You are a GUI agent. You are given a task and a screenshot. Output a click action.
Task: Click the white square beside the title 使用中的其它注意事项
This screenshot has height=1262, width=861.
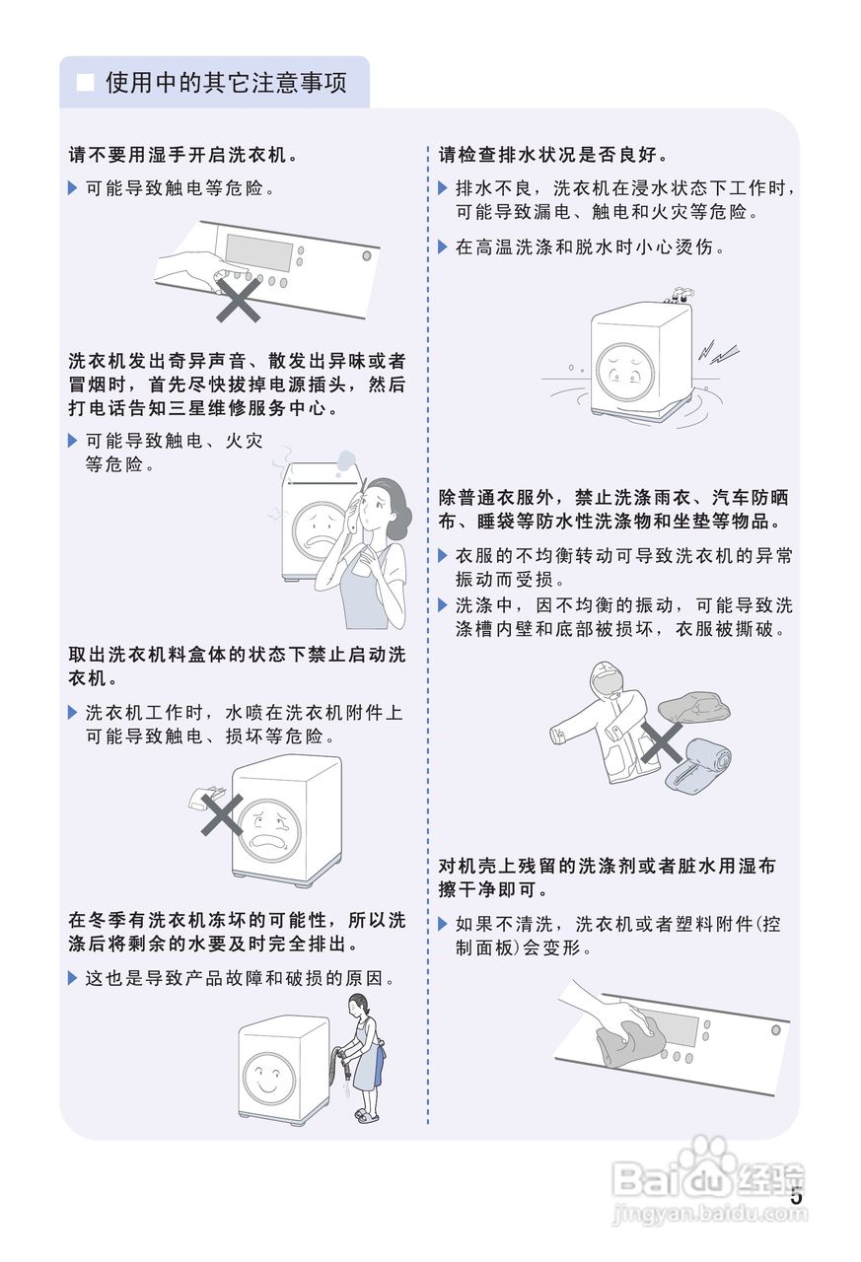coord(87,83)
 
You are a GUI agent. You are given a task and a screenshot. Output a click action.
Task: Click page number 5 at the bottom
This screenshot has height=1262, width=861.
coord(796,1197)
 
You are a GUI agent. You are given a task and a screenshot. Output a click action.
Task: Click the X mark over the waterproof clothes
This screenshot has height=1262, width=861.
coord(660,741)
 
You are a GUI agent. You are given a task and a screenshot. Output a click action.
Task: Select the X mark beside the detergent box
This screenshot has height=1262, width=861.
coord(222,815)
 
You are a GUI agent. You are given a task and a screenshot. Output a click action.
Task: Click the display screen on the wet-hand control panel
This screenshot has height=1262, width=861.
coord(259,252)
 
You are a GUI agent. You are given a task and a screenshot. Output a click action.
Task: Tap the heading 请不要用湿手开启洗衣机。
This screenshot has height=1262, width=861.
coord(182,155)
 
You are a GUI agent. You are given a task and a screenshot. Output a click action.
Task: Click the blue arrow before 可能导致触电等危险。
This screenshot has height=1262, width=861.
coord(72,188)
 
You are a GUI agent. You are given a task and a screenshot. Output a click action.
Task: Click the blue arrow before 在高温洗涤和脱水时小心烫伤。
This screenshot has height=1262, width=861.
coord(443,246)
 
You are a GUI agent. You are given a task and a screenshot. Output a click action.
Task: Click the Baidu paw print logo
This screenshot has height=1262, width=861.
coord(705,1163)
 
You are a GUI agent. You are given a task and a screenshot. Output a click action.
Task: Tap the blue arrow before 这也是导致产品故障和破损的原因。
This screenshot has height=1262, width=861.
coord(72,978)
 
